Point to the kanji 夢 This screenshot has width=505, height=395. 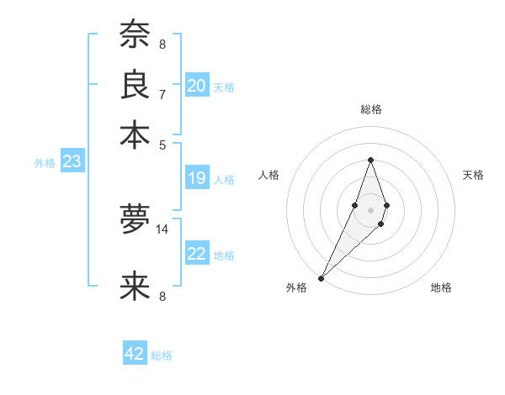(136, 219)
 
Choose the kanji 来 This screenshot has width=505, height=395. (136, 286)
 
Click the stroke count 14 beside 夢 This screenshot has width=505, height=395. (162, 229)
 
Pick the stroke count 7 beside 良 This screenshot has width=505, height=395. (162, 93)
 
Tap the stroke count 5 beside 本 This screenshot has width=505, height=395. (162, 143)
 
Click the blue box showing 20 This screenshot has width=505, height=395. (197, 86)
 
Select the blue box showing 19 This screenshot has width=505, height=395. (197, 178)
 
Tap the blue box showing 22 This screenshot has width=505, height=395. (197, 254)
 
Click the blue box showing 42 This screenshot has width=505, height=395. (135, 354)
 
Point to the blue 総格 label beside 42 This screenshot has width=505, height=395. (162, 355)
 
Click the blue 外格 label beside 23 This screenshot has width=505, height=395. (45, 163)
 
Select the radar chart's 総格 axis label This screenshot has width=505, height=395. (370, 109)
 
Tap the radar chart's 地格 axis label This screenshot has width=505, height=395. (441, 288)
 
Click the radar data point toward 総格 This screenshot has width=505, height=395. (370, 160)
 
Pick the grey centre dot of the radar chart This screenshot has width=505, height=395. (370, 209)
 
